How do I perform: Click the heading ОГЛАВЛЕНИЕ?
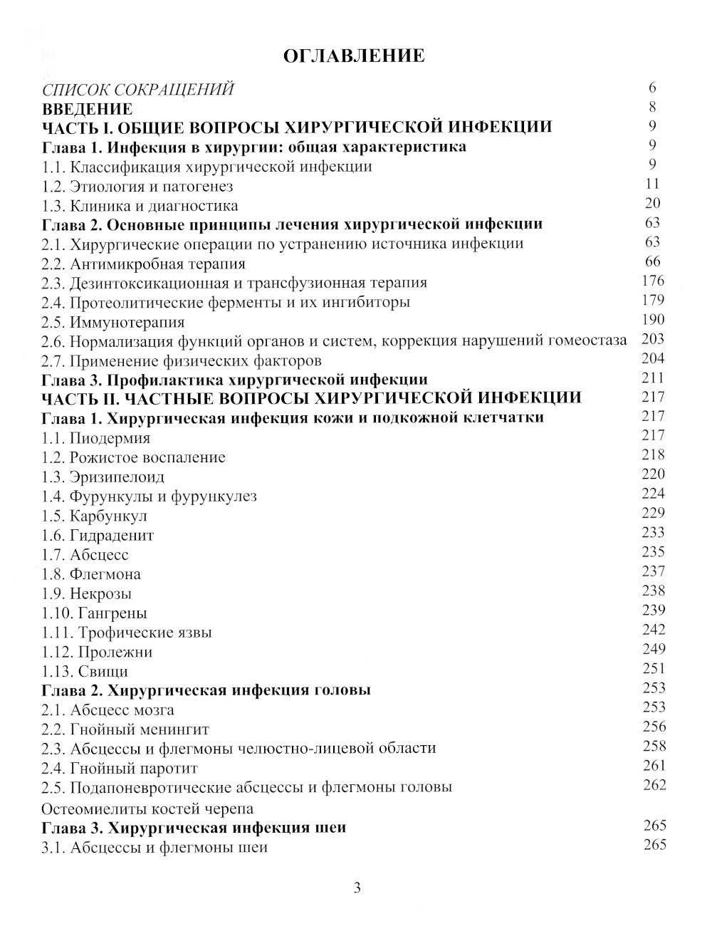point(354,56)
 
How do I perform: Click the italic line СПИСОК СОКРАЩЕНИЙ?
point(137,90)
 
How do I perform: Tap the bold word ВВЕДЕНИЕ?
point(87,109)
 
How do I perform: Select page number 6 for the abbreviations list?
point(652,88)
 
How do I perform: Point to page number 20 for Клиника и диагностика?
point(652,204)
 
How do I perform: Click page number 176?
point(652,281)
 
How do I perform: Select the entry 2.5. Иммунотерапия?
point(113,322)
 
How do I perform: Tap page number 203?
point(652,339)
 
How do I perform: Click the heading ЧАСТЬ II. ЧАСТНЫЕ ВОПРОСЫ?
point(312,397)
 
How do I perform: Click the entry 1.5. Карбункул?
point(95,516)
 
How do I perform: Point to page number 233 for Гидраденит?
point(652,532)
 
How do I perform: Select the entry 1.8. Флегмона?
point(91,574)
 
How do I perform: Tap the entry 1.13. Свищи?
point(85,671)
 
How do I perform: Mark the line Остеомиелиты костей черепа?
point(147,809)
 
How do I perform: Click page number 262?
point(652,785)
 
